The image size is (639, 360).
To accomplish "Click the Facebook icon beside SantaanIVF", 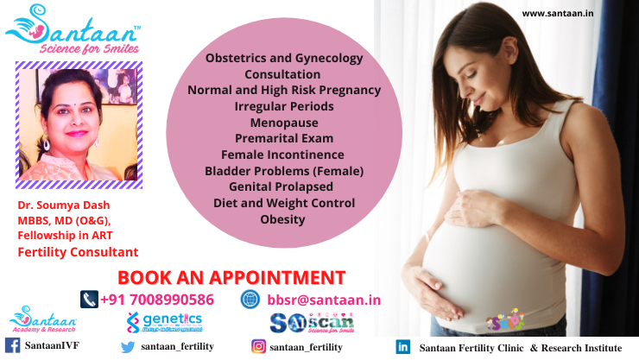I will coord(12,346).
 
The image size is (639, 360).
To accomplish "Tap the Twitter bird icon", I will coord(128,346).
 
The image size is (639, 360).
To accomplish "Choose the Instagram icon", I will coord(258,346).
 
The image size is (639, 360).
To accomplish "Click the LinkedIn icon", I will coord(402,346).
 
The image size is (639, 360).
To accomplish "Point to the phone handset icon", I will coord(88,299).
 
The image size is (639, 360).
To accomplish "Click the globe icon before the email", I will coord(250,299).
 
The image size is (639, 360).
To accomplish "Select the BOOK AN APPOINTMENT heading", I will coord(231,277).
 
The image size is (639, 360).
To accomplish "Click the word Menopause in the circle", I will coord(283,122).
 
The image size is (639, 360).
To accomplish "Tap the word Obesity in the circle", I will coord(283,219).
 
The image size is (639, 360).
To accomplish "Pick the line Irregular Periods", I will coord(283,105).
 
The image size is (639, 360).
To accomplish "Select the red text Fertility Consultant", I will coord(78,252).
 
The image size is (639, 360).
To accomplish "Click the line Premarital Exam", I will coord(283,138).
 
